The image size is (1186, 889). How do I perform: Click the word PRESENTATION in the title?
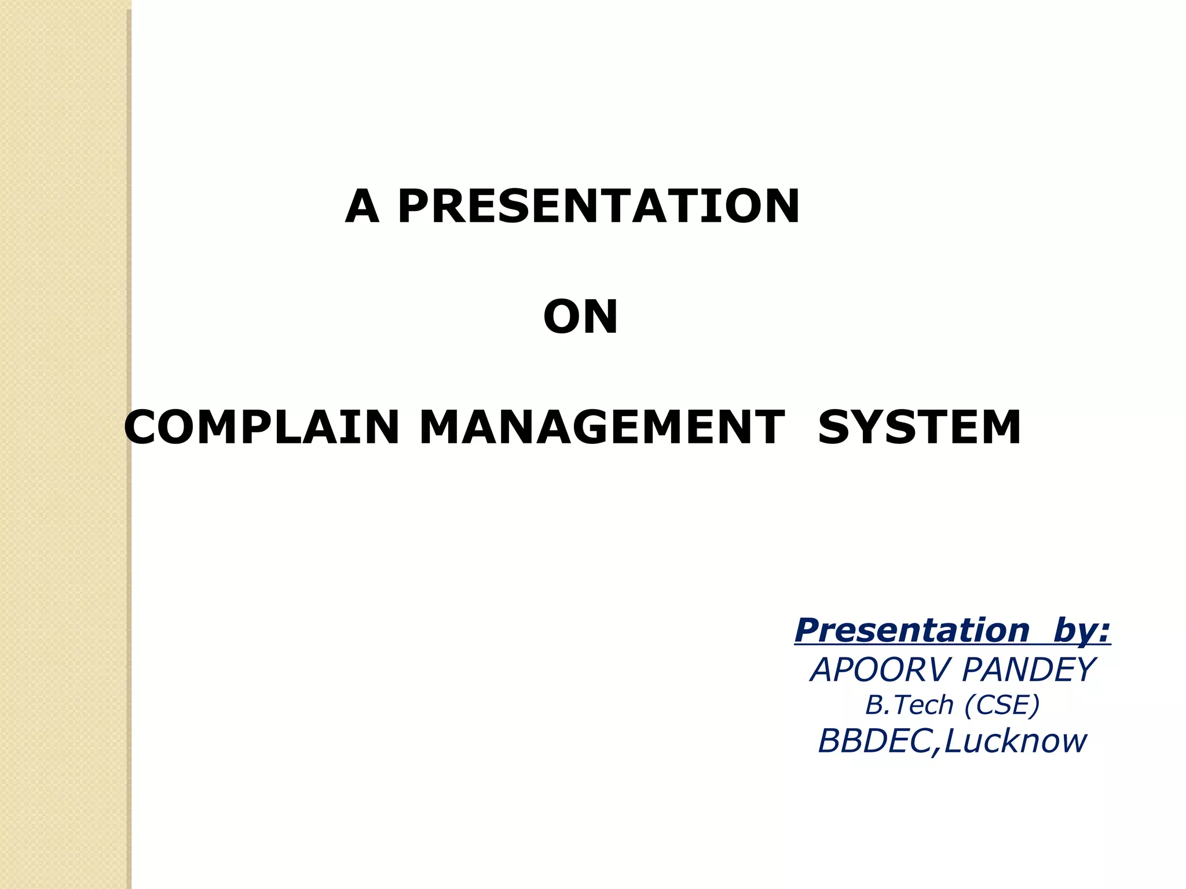[599, 207]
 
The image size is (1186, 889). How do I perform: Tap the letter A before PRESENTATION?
[362, 207]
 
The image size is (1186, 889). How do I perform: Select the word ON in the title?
[581, 317]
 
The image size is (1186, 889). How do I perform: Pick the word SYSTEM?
[919, 428]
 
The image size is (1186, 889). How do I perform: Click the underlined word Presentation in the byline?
[912, 630]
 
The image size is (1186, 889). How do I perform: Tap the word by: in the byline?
[1082, 631]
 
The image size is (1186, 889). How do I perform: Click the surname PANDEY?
[1028, 670]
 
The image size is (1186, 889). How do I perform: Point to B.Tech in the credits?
[909, 705]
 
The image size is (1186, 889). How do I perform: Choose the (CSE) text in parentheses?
[1002, 705]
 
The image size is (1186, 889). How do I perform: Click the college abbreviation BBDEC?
[873, 741]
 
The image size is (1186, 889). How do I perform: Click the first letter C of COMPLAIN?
[144, 428]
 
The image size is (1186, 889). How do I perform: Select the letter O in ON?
[561, 317]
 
